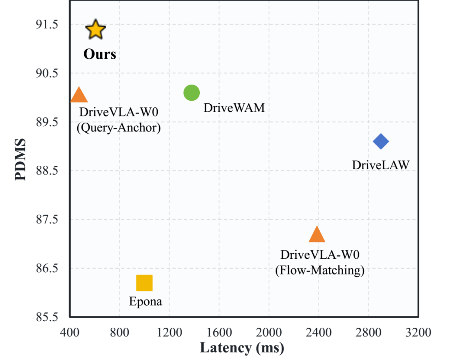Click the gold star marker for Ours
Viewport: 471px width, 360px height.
[96, 29]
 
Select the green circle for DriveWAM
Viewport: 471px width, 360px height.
[191, 93]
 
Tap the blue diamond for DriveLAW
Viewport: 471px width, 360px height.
[381, 141]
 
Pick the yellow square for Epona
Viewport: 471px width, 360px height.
[144, 283]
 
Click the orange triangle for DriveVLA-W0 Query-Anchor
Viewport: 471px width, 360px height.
[78, 96]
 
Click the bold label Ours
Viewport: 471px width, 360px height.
[100, 55]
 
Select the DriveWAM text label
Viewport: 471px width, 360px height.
[234, 108]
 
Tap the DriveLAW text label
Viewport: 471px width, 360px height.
[381, 165]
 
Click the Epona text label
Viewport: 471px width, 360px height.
[146, 302]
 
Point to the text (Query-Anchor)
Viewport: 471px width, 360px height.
[119, 128]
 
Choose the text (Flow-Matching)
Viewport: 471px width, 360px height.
[320, 270]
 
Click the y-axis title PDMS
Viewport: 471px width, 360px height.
[20, 160]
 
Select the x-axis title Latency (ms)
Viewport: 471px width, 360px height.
[242, 348]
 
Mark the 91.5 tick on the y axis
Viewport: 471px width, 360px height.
[47, 24]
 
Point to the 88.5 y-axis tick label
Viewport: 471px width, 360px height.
[47, 171]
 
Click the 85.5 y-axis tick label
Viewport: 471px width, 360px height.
[47, 317]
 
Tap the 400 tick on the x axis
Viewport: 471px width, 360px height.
[70, 333]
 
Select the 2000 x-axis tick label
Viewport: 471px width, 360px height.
[269, 333]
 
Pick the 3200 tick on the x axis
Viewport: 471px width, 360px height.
[418, 333]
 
